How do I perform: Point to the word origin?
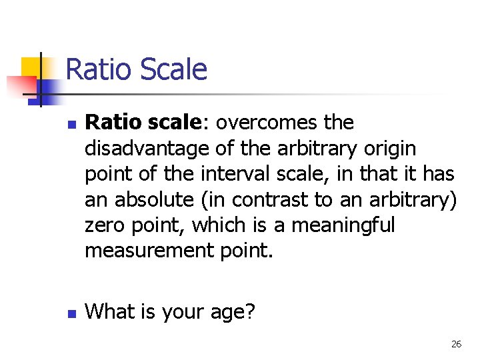coord(388,149)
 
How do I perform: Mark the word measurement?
coord(149,251)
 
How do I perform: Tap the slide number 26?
coord(456,344)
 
